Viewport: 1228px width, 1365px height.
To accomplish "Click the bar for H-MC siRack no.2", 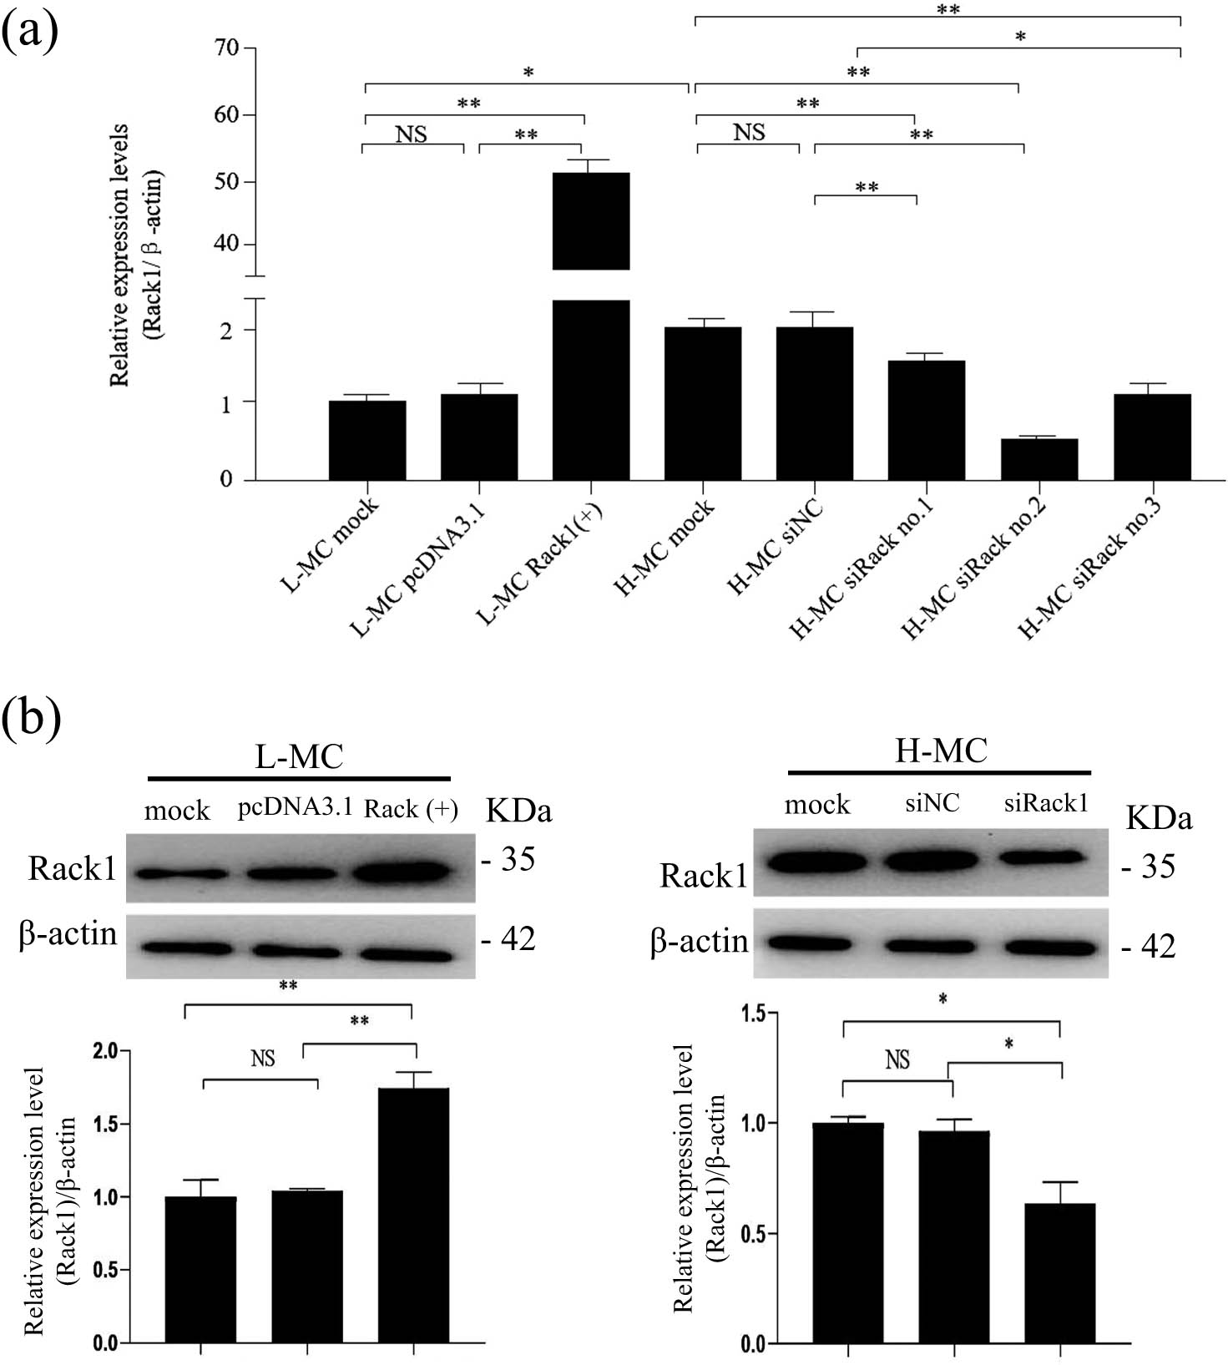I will [x=1039, y=459].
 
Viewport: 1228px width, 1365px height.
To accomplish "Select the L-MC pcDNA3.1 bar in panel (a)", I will [x=479, y=437].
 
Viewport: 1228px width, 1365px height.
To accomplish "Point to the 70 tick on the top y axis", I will [x=226, y=48].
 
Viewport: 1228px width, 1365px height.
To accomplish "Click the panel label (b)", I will [x=31, y=716].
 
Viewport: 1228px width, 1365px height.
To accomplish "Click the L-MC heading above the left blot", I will [x=299, y=756].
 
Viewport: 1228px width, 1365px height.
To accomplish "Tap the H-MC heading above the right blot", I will [x=940, y=751].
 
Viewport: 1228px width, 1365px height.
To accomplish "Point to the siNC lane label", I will [x=932, y=803].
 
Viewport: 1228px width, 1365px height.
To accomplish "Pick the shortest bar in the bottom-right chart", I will [x=1060, y=1272].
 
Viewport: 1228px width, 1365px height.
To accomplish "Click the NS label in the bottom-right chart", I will [x=897, y=1060].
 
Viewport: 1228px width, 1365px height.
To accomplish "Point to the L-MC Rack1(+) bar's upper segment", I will [x=591, y=221].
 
